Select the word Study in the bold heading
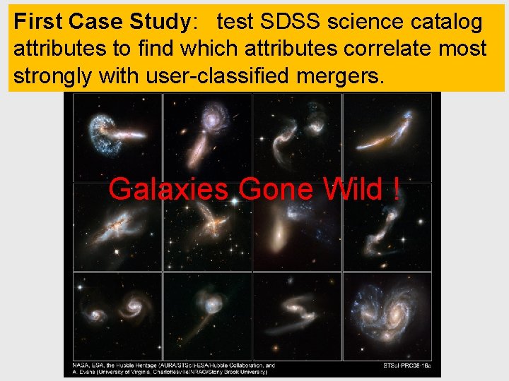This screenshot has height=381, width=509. (x=159, y=22)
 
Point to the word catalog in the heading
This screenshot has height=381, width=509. (x=444, y=22)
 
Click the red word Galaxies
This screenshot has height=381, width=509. (x=168, y=189)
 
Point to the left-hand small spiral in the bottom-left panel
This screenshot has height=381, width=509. (x=98, y=315)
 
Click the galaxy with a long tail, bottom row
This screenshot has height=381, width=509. (x=209, y=307)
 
